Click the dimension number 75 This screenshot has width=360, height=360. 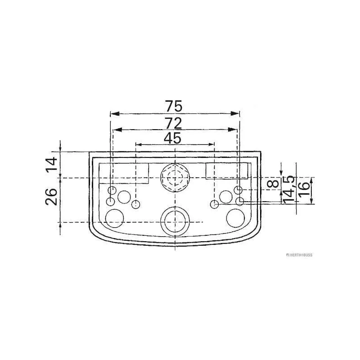pyautogui.click(x=174, y=106)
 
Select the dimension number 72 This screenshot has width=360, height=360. pyautogui.click(x=174, y=123)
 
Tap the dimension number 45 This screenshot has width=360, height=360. pyautogui.click(x=172, y=139)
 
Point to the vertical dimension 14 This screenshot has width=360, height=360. pyautogui.click(x=51, y=164)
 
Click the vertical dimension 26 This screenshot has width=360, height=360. pyautogui.click(x=51, y=197)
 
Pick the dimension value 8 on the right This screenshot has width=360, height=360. pyautogui.click(x=273, y=184)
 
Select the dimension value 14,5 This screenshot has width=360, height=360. pyautogui.click(x=288, y=190)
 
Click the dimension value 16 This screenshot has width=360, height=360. pyautogui.click(x=304, y=189)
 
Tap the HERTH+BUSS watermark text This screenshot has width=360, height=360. pyautogui.click(x=299, y=255)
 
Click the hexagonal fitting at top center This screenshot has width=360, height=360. pyautogui.click(x=175, y=178)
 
